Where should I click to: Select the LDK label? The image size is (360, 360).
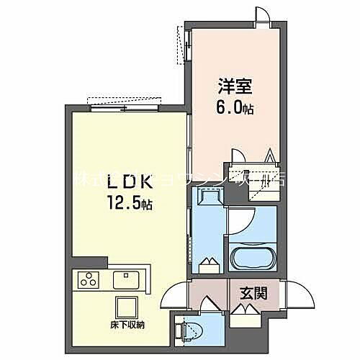(x=127, y=181)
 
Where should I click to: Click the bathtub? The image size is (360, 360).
(x=252, y=257)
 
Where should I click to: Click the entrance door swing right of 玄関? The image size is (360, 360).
(x=295, y=296)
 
